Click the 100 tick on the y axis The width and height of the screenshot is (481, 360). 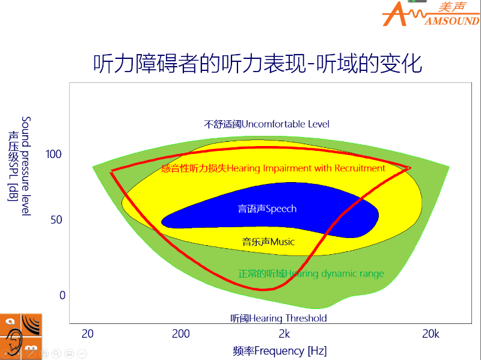pos(54,154)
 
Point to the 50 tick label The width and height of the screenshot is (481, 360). pos(57,220)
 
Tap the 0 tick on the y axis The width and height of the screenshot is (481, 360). pos(63,295)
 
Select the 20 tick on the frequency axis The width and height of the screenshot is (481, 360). pos(87,334)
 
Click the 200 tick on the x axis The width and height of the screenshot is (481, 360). pos(181,334)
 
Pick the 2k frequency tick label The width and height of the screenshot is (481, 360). pos(284,334)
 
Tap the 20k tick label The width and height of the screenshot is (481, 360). pos(430,334)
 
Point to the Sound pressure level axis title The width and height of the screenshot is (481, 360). pos(26,166)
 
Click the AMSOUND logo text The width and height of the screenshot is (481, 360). pos(452,21)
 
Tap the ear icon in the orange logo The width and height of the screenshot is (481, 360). pos(13,340)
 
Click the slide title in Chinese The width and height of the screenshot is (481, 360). pos(258,64)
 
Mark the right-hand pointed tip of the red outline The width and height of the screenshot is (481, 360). pos(411,168)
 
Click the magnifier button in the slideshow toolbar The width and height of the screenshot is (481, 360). pos(56,353)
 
